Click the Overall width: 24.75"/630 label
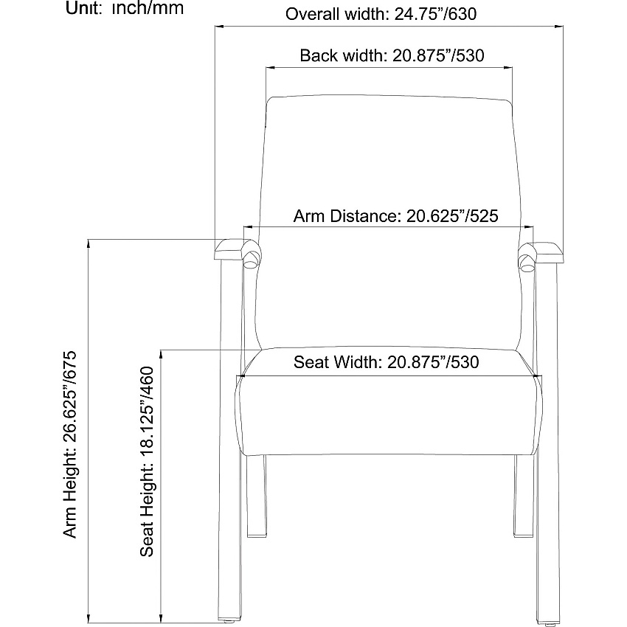pos(381,14)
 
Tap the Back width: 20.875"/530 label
pos(392,55)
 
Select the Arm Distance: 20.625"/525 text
pos(396,216)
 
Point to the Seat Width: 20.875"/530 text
pos(387,362)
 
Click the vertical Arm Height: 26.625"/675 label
pos(69,444)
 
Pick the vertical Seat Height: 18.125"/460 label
pos(147,462)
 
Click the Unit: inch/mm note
pos(125,8)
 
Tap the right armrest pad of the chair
pos(546,253)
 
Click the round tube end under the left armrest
pos(251,264)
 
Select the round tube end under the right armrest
pos(527,268)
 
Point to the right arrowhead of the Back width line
pos(509,68)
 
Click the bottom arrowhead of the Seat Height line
pos(161,619)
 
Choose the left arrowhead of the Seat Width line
pos(240,375)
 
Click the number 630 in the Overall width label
pos(464,14)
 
